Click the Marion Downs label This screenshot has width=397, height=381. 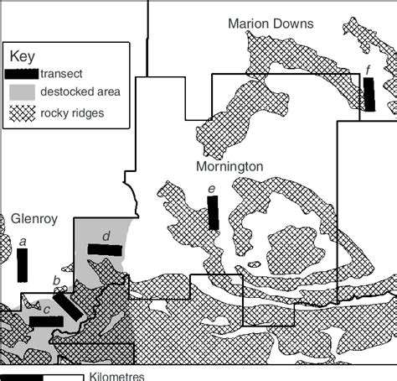pos(271,23)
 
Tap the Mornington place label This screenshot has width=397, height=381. pos(229,167)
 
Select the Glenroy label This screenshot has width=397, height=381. pos(34,220)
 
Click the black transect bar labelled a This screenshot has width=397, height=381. pos(23,265)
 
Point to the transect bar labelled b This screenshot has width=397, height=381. pos(69,304)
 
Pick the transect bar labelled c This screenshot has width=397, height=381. pos(45,321)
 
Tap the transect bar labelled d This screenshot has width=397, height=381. pos(106,249)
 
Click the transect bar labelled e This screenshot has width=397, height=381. pos(213,212)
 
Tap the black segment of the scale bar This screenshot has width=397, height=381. pos(22,377)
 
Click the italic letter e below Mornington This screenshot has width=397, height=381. pos(212,189)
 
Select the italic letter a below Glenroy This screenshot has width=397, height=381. pos(23,242)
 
